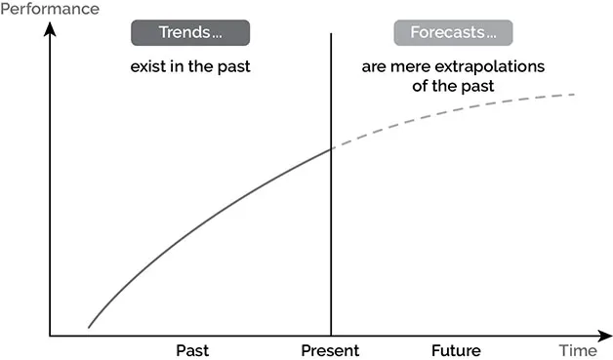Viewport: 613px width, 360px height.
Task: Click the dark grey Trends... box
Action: pos(190,33)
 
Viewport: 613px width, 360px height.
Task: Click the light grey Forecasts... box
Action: pos(453,33)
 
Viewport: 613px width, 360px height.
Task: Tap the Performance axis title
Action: pos(50,9)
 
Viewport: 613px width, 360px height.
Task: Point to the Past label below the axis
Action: pos(192,350)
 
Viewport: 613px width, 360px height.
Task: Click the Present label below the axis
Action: pos(330,350)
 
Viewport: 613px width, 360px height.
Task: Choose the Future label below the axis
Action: pos(456,350)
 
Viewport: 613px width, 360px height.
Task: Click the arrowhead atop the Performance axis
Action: pos(50,28)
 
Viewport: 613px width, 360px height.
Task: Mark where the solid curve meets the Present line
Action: pos(332,148)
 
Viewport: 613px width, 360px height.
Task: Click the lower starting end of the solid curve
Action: pos(89,327)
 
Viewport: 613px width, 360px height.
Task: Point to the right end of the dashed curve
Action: pos(574,95)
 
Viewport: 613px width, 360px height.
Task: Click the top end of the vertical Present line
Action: pos(332,34)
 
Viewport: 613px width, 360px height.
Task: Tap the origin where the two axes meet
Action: pos(50,336)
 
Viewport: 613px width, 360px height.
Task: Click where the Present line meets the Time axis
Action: pos(332,336)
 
